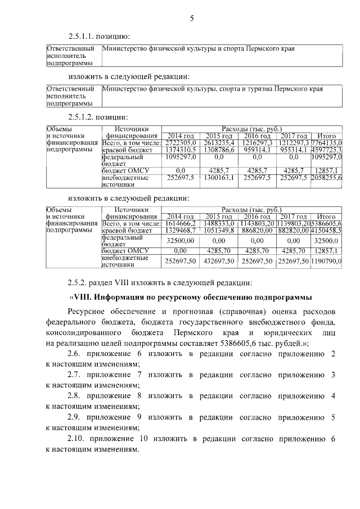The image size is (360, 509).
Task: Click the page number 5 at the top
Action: [191, 19]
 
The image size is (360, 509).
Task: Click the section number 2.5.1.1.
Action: [81, 37]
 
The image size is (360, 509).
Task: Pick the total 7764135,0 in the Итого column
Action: [327, 143]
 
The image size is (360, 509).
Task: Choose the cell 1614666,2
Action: [178, 223]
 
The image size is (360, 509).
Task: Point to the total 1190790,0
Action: [327, 262]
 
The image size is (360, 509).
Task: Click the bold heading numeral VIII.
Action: [83, 297]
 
